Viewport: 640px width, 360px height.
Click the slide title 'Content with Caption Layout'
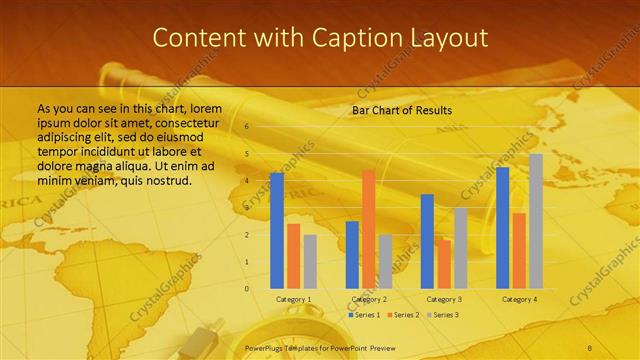(x=320, y=38)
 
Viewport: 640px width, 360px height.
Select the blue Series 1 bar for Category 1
(x=277, y=230)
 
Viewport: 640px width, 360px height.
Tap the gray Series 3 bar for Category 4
(x=536, y=221)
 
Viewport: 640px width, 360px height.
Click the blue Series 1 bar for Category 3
(x=427, y=241)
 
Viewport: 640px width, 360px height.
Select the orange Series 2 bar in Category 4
(x=519, y=250)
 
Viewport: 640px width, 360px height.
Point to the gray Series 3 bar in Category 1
(x=310, y=261)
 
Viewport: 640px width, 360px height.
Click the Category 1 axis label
(x=293, y=299)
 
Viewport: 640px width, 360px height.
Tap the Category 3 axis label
(x=443, y=299)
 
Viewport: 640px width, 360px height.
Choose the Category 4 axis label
(x=519, y=299)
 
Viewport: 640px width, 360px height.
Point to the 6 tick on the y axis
(x=246, y=127)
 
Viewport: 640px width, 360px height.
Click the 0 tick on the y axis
(x=246, y=289)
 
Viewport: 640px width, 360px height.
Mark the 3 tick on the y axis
(x=246, y=208)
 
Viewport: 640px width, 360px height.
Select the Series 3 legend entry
(x=444, y=315)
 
